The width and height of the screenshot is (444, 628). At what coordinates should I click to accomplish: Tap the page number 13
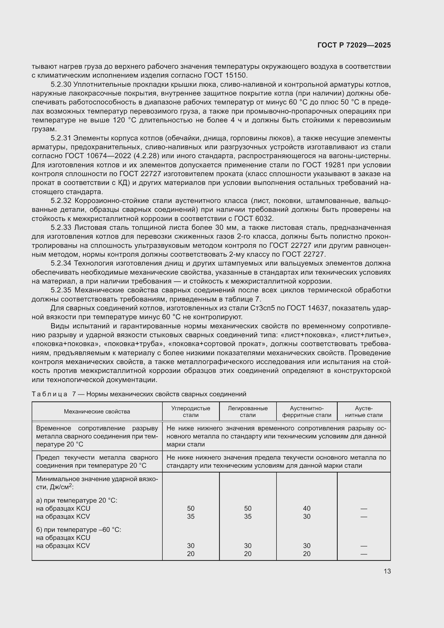(x=387, y=571)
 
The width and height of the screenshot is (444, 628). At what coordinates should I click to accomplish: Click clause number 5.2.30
(x=61, y=84)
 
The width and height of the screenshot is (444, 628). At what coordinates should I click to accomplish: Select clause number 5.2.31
(x=61, y=138)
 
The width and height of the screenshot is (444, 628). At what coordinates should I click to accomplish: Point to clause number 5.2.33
(x=61, y=227)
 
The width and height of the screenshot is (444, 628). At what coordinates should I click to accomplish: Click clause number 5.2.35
(x=61, y=290)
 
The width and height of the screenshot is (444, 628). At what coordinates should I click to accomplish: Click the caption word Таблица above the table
(x=49, y=394)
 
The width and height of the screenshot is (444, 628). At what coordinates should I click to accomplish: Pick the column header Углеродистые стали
(x=191, y=411)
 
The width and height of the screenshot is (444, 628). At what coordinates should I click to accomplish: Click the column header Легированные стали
(x=248, y=411)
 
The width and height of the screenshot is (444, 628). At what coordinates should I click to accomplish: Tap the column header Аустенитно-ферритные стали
(x=307, y=411)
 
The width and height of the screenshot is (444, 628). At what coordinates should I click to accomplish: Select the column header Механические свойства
(x=97, y=411)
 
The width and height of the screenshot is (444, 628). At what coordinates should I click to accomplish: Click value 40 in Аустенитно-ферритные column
(x=307, y=508)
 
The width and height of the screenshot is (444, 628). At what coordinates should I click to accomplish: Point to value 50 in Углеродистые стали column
(x=191, y=508)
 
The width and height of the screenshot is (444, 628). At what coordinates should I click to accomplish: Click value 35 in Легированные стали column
(x=248, y=516)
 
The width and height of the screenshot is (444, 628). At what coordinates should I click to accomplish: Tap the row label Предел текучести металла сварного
(x=97, y=457)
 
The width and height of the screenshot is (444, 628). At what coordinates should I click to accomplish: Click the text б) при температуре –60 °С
(x=78, y=530)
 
